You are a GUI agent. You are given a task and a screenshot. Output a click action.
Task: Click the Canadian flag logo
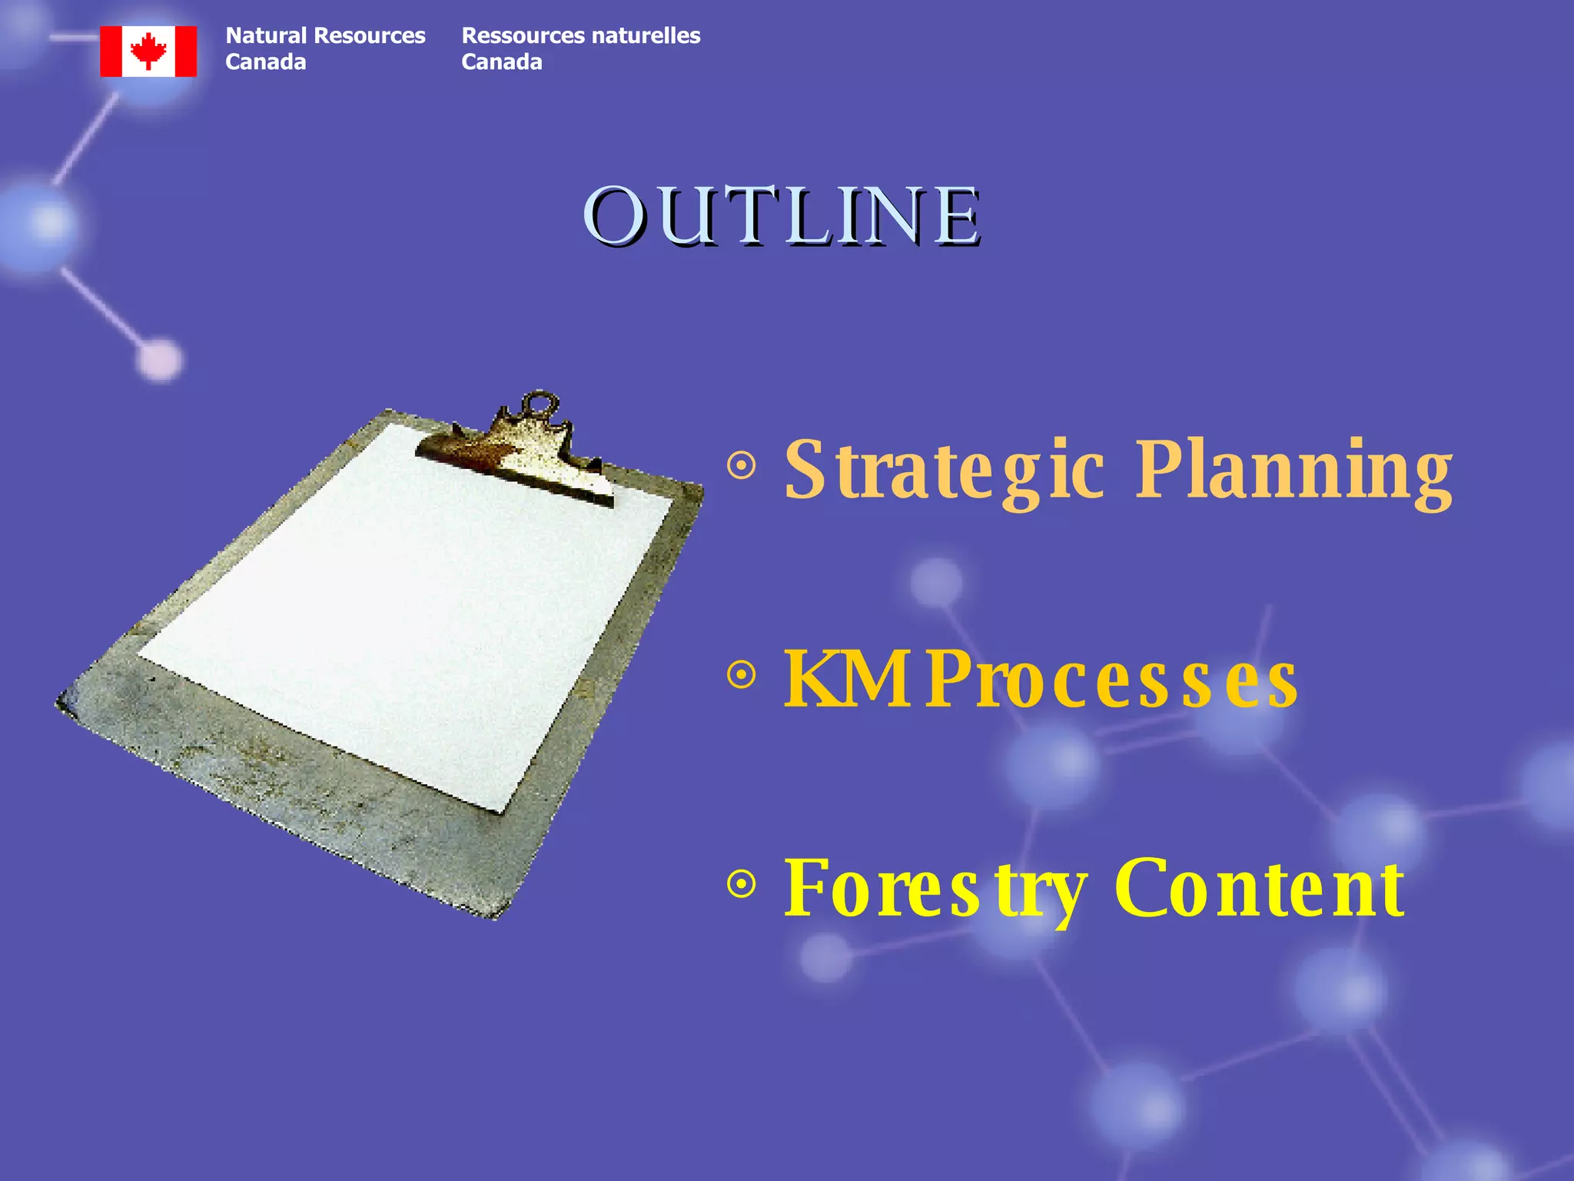click(148, 52)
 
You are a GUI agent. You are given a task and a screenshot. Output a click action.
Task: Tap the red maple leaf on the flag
click(148, 51)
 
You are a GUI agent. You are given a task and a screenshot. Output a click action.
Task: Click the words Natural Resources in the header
click(325, 36)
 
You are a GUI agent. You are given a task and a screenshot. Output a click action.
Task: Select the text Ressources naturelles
click(580, 36)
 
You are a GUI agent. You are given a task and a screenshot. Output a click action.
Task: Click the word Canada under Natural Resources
click(265, 62)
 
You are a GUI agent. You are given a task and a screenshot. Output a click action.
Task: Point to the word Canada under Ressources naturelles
click(501, 62)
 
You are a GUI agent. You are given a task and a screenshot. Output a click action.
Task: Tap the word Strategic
click(944, 469)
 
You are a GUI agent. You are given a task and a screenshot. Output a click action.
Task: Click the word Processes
click(1112, 680)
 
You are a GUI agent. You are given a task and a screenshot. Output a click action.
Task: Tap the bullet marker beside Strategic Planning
click(742, 466)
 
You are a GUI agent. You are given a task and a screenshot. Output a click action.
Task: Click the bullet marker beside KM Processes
click(742, 675)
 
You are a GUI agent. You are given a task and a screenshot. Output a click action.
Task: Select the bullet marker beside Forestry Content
click(742, 884)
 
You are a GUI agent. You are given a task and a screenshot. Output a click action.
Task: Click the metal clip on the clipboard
click(523, 457)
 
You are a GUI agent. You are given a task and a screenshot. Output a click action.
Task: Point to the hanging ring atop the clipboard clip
click(540, 404)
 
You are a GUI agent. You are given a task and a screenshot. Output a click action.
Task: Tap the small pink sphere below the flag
click(159, 359)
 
